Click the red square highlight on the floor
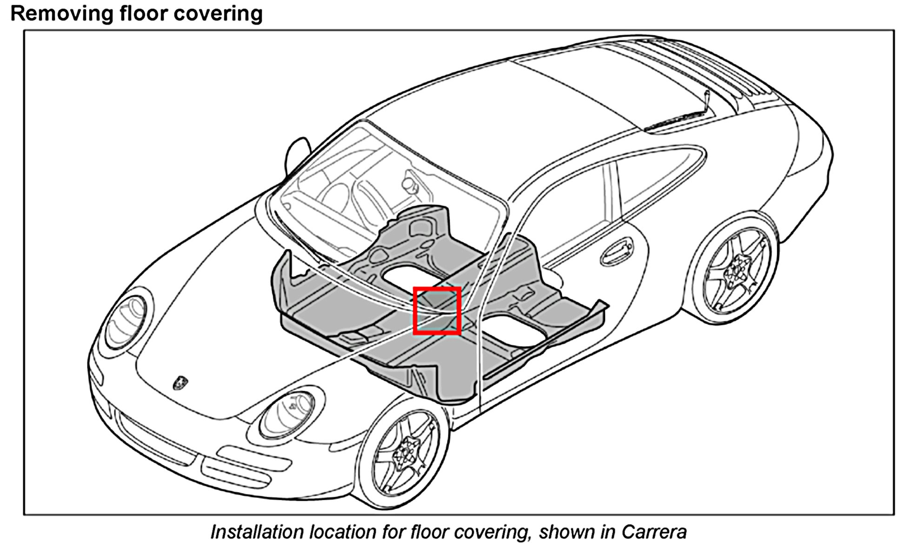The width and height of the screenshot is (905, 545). [x=437, y=310]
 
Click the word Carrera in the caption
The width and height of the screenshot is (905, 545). [x=653, y=532]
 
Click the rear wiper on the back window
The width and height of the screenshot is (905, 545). [x=686, y=116]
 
